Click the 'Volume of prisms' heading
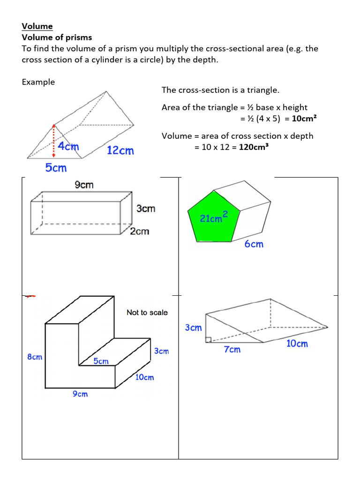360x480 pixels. tap(57, 37)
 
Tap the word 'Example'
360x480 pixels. tap(38, 82)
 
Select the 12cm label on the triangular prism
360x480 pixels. tap(120, 150)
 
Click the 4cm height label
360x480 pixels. tap(68, 146)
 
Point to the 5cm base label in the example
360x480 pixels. tap(56, 168)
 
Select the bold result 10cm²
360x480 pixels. tap(304, 119)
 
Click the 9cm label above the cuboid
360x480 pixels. tap(84, 185)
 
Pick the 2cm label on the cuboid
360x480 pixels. tap(139, 231)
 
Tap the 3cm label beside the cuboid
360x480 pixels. tap(146, 209)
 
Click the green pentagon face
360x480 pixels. tap(213, 217)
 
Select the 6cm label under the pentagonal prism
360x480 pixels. tap(254, 244)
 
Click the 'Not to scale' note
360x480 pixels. tap(147, 313)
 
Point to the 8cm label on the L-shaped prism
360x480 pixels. tap(35, 357)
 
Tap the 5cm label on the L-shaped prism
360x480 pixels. tap(101, 361)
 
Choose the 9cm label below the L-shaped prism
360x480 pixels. tap(80, 394)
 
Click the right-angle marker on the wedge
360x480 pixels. tap(208, 340)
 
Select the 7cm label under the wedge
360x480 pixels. tap(232, 350)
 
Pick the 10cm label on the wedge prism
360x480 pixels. tap(297, 344)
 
